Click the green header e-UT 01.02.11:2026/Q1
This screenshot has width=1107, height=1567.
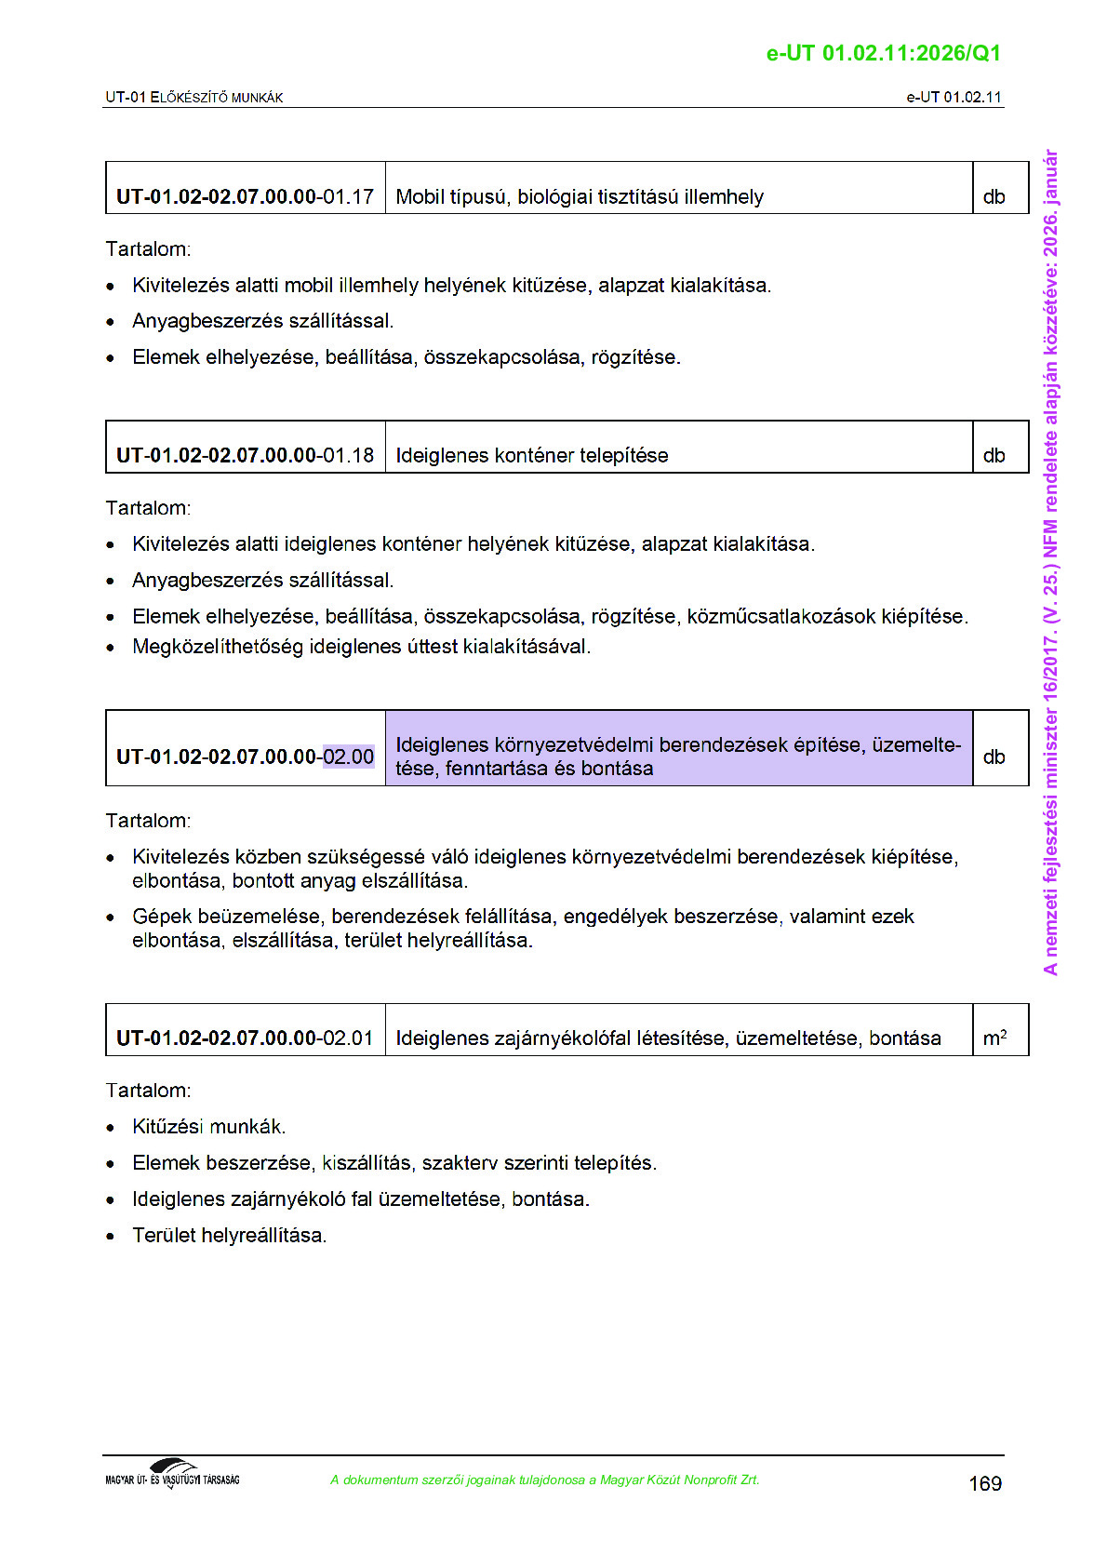coord(883,53)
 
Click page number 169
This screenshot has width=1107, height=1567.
coord(984,1483)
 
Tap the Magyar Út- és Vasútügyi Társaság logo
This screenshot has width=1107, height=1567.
coord(173,1474)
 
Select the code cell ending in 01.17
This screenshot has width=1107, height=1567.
coord(245,197)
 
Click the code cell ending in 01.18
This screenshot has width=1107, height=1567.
coord(245,456)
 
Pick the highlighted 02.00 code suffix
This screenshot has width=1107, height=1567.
coord(349,757)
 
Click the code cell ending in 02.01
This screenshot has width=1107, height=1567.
coord(245,1038)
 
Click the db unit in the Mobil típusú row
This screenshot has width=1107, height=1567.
coord(994,197)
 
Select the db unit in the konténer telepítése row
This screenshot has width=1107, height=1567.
coord(994,456)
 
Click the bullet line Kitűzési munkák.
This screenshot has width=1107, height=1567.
coord(208,1127)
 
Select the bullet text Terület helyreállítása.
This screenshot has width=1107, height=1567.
coord(229,1236)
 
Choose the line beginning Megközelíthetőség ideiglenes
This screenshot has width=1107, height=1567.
coord(361,647)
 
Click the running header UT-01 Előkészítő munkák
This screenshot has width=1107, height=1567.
coord(193,98)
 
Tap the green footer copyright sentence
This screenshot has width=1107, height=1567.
coord(544,1480)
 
